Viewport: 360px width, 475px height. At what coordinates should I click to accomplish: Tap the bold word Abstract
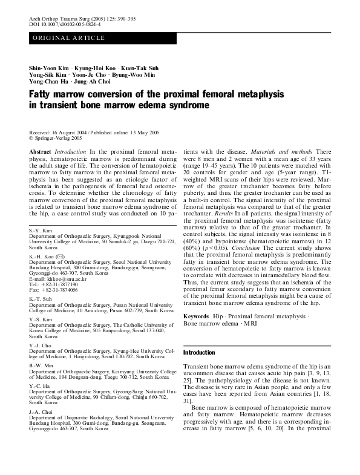40,151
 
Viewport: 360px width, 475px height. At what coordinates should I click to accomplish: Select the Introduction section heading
199,352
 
